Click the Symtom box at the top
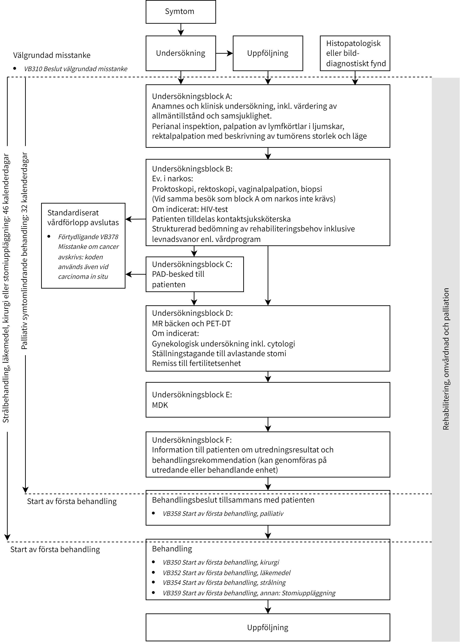181,12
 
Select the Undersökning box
181,53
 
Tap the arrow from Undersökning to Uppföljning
224,53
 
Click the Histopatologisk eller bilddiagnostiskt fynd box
355,53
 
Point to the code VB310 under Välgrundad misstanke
33,69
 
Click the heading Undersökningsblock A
192,96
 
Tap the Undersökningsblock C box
194,274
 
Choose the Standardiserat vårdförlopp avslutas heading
83,217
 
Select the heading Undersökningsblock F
192,440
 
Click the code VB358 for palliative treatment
171,514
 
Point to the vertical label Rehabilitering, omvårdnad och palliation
446,359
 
